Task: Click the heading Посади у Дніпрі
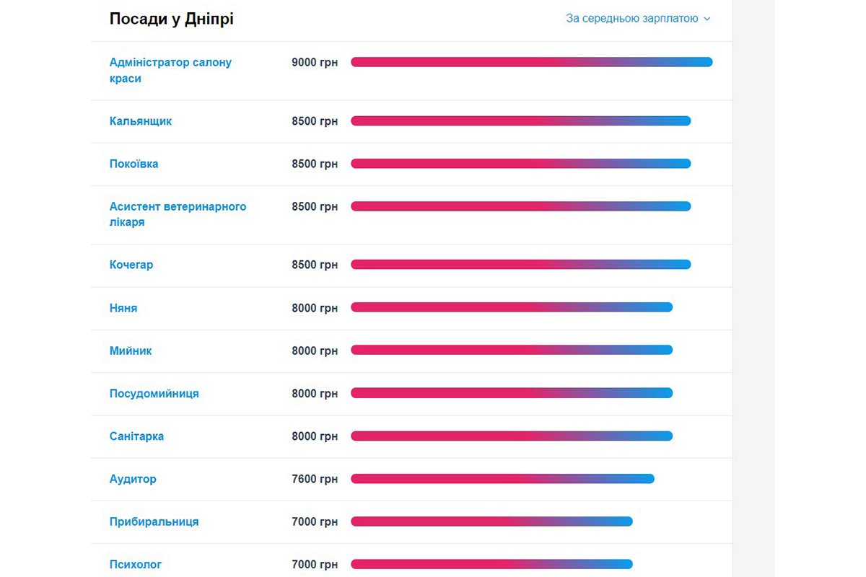pos(172,19)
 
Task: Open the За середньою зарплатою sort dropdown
pos(638,19)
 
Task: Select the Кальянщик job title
pos(141,121)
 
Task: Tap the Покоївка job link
pos(134,164)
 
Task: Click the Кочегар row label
pos(131,265)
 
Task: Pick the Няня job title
pos(123,308)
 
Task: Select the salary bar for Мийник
pos(512,350)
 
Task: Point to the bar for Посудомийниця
pos(512,393)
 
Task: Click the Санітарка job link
pos(136,436)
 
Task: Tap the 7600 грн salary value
pos(315,479)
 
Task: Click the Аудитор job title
pos(133,479)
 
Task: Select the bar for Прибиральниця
pos(491,521)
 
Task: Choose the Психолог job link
pos(136,564)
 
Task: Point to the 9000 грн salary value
pos(315,62)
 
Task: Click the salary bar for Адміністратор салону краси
pos(531,62)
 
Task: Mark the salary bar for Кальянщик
pos(520,121)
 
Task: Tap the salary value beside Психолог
pos(315,564)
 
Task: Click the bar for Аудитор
pos(502,479)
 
